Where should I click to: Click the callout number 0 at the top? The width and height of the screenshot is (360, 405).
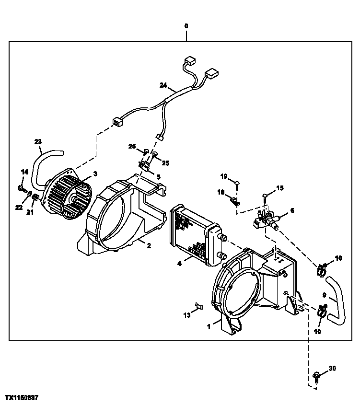[186, 25]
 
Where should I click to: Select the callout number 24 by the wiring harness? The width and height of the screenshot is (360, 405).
[163, 86]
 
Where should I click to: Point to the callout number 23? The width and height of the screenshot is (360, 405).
[38, 141]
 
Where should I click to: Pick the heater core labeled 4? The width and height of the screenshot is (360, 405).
[191, 235]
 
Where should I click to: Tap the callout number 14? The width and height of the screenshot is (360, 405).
[24, 172]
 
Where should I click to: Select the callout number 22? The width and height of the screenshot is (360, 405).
[18, 207]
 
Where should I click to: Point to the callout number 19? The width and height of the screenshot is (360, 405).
[223, 176]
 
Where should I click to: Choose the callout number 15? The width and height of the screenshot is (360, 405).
[280, 188]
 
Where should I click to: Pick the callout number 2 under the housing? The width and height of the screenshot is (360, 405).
[149, 246]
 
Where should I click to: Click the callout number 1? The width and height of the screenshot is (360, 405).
[209, 327]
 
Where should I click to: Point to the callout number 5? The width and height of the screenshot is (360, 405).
[159, 177]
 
